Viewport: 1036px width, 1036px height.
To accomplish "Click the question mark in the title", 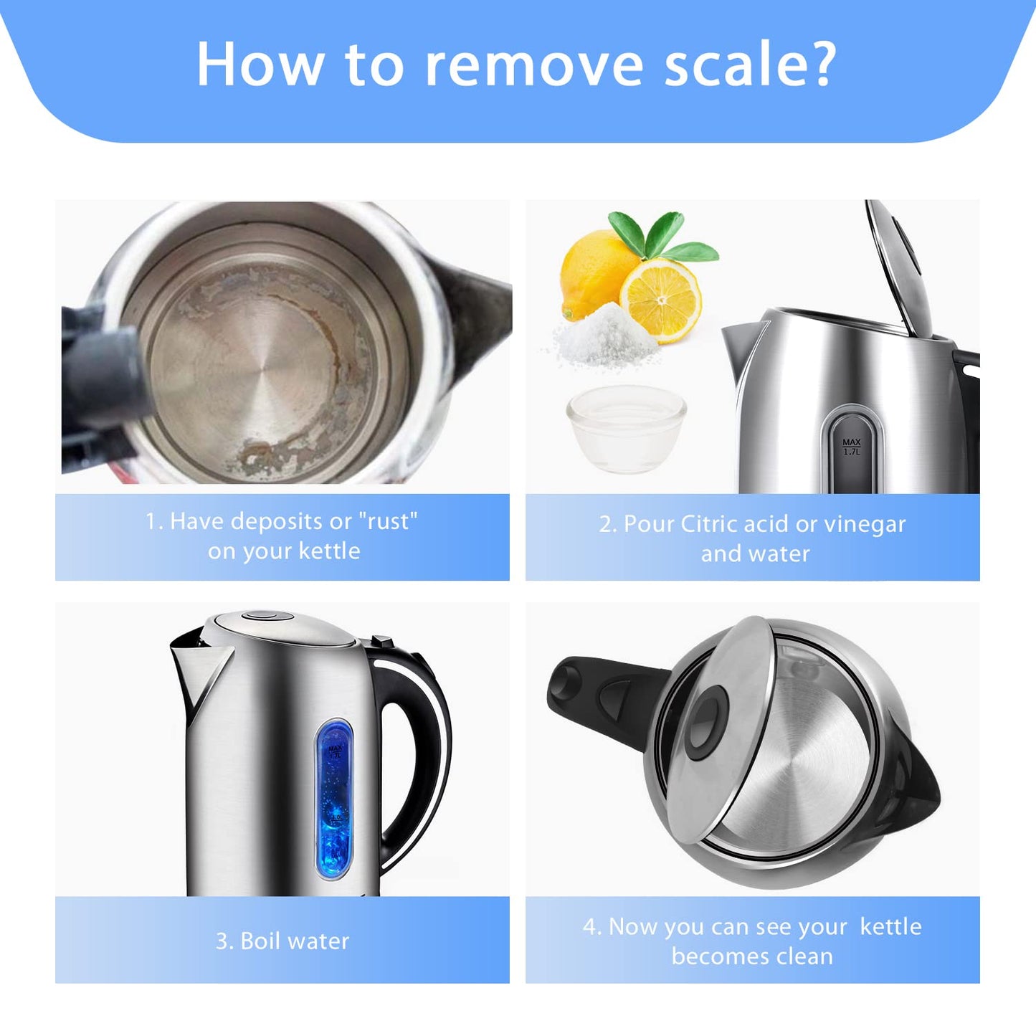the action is coord(817,64).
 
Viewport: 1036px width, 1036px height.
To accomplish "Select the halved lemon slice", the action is coord(661,300).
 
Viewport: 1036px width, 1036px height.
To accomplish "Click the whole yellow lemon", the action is coord(594,274).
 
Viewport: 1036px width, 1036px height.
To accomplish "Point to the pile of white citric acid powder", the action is coord(605,336).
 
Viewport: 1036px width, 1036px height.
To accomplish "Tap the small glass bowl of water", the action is coord(627,429).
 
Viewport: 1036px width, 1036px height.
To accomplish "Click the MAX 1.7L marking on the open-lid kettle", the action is coord(852,447).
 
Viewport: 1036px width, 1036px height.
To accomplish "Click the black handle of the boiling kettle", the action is coord(412,753).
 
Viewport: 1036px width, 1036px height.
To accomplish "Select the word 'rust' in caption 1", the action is coord(387,521).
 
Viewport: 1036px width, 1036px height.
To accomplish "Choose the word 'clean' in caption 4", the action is coord(803,956).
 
